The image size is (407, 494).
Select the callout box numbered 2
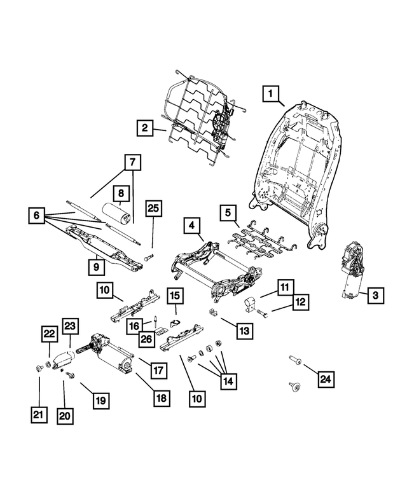[145, 129]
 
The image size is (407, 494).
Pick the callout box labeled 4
[191, 225]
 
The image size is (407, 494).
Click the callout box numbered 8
[120, 193]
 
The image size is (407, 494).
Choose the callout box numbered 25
[153, 208]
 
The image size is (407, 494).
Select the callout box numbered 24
[326, 380]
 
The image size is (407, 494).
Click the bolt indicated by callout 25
[149, 257]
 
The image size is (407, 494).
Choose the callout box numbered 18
[162, 397]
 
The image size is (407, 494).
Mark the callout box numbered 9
[95, 268]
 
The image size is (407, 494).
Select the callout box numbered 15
[175, 296]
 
